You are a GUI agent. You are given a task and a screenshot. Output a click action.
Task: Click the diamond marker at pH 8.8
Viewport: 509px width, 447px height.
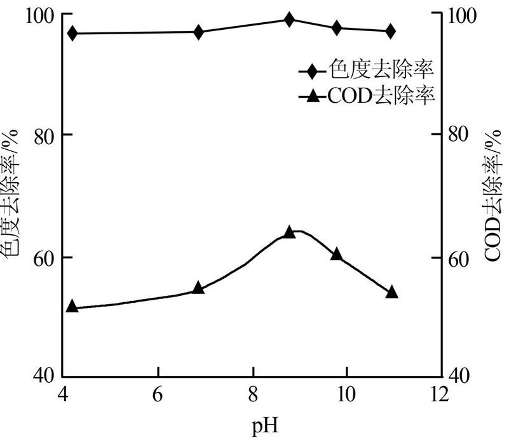289,19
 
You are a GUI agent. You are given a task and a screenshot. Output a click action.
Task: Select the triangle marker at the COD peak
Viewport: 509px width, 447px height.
289,232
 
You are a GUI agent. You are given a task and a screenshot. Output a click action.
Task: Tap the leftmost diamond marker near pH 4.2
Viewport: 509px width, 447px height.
72,33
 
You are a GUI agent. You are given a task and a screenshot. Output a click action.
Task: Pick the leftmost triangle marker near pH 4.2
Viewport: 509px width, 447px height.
72,307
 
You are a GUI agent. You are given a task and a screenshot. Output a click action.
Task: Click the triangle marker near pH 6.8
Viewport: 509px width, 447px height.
198,288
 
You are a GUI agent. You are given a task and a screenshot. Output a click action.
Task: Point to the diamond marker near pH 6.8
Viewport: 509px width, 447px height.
198,32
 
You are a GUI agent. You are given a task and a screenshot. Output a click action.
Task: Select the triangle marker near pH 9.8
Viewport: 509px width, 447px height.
336,255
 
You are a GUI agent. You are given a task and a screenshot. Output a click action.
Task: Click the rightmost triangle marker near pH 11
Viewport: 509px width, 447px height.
391,292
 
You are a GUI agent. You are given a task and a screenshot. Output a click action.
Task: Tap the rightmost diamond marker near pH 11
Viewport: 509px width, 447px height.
391,30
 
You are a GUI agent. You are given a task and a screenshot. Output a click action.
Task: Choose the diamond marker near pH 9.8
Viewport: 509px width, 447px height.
336,27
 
